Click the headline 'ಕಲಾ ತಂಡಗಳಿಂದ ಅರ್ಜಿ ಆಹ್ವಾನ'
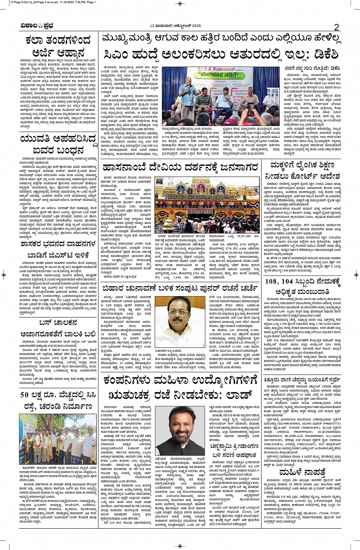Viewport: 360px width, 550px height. point(58,46)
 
